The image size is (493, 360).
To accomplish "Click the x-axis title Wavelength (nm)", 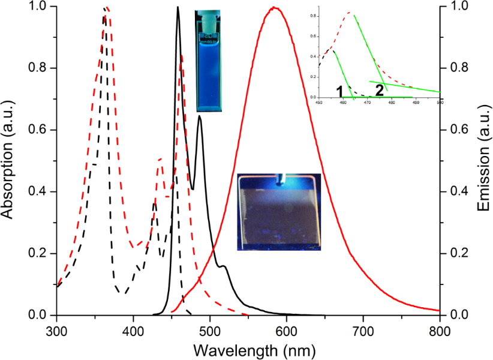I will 248,349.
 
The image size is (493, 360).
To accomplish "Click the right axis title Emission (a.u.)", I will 483,161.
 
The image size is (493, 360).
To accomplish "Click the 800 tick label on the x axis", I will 440,331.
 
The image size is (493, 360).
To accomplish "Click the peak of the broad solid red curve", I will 274,8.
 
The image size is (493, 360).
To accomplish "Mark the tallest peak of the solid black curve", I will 178,7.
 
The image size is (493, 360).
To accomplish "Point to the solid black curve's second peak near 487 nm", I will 199,116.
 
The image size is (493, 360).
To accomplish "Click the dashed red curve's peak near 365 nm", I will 107,8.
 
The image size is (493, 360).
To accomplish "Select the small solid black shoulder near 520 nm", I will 224,265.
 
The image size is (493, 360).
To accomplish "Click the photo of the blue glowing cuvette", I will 209,61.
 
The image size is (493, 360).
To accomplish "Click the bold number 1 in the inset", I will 340,91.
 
